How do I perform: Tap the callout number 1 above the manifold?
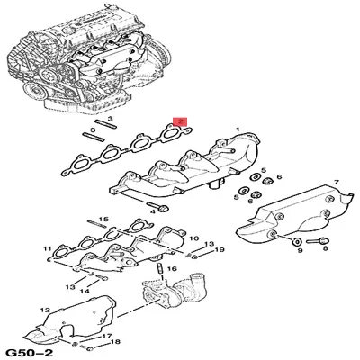click(238, 130)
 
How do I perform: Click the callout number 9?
click(300, 255)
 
